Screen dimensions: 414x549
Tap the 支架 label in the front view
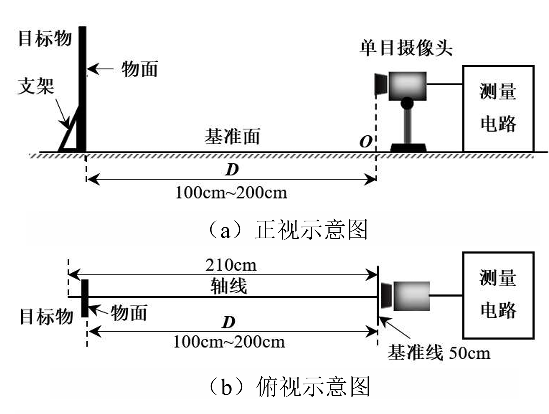point(36,88)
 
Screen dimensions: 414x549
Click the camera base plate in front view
point(408,148)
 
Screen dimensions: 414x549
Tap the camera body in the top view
point(411,296)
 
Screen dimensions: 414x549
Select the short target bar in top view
point(85,298)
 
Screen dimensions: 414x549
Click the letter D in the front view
point(231,170)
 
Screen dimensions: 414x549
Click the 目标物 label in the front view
point(45,38)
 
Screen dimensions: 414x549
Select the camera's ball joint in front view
point(408,103)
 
